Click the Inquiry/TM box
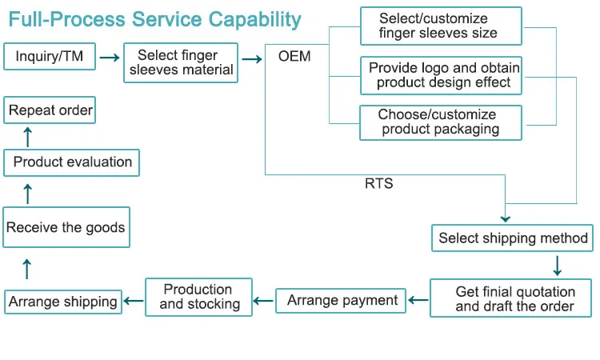50,56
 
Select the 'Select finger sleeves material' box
181,62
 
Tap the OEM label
294,56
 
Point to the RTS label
379,184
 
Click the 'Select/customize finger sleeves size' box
441,26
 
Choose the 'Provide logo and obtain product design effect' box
441,75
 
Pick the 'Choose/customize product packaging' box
441,123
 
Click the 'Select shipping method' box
512,238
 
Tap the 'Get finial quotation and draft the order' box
510,298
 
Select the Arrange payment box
341,301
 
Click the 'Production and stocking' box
198,297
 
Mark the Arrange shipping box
63,302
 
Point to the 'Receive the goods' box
66,227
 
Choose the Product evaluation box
71,162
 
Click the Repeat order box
50,110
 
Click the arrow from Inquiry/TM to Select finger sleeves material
110,58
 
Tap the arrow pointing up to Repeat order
27,137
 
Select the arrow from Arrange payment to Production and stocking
264,301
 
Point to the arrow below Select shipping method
557,266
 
